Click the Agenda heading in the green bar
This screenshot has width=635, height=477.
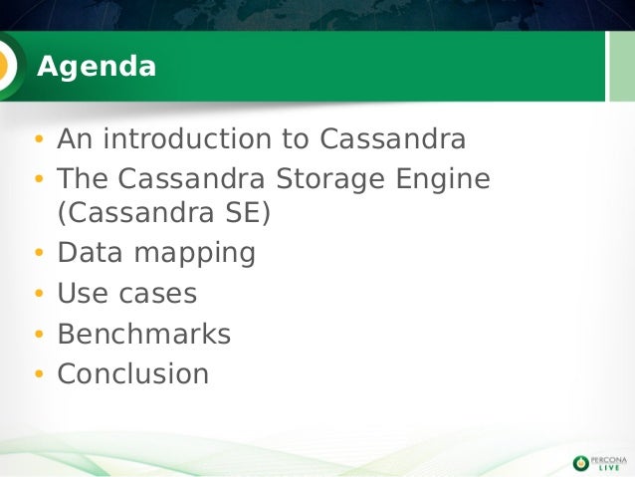97,67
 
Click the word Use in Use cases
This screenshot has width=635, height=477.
77,294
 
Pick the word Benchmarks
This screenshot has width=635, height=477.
143,335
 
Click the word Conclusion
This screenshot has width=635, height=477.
133,374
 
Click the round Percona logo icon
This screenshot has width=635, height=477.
581,461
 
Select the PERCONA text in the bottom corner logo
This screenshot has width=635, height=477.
609,457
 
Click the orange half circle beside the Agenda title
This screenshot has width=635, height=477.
5,66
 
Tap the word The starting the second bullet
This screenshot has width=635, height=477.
83,179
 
